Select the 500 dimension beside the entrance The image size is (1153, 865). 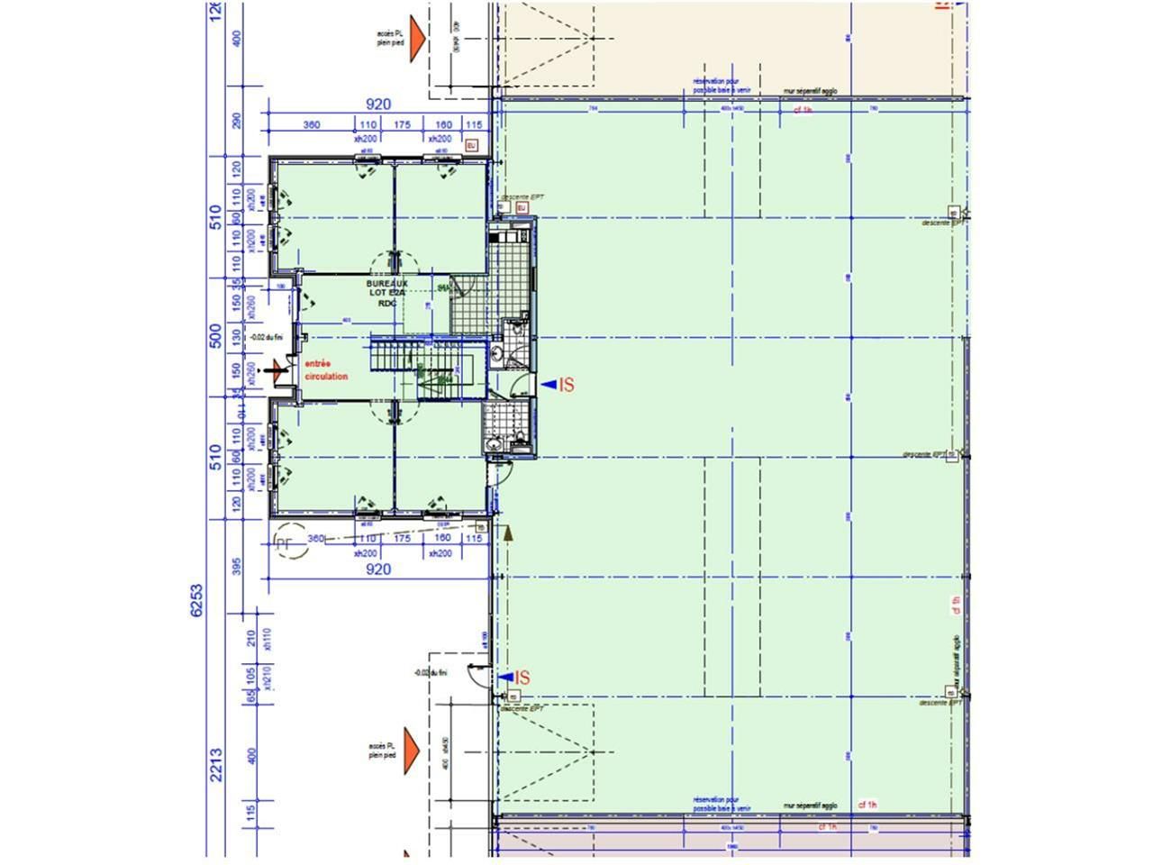[x=215, y=335]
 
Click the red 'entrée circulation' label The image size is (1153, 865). [x=326, y=369]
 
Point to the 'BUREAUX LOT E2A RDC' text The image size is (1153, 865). [x=387, y=293]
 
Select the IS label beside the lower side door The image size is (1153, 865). [x=521, y=678]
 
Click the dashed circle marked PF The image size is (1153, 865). [x=284, y=542]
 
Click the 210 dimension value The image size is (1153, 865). [x=251, y=639]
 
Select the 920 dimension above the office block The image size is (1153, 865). [x=378, y=105]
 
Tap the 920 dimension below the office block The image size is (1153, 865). [x=378, y=569]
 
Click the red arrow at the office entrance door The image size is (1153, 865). [x=278, y=368]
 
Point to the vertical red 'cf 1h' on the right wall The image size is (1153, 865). [x=957, y=605]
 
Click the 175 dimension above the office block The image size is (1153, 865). [x=402, y=123]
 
